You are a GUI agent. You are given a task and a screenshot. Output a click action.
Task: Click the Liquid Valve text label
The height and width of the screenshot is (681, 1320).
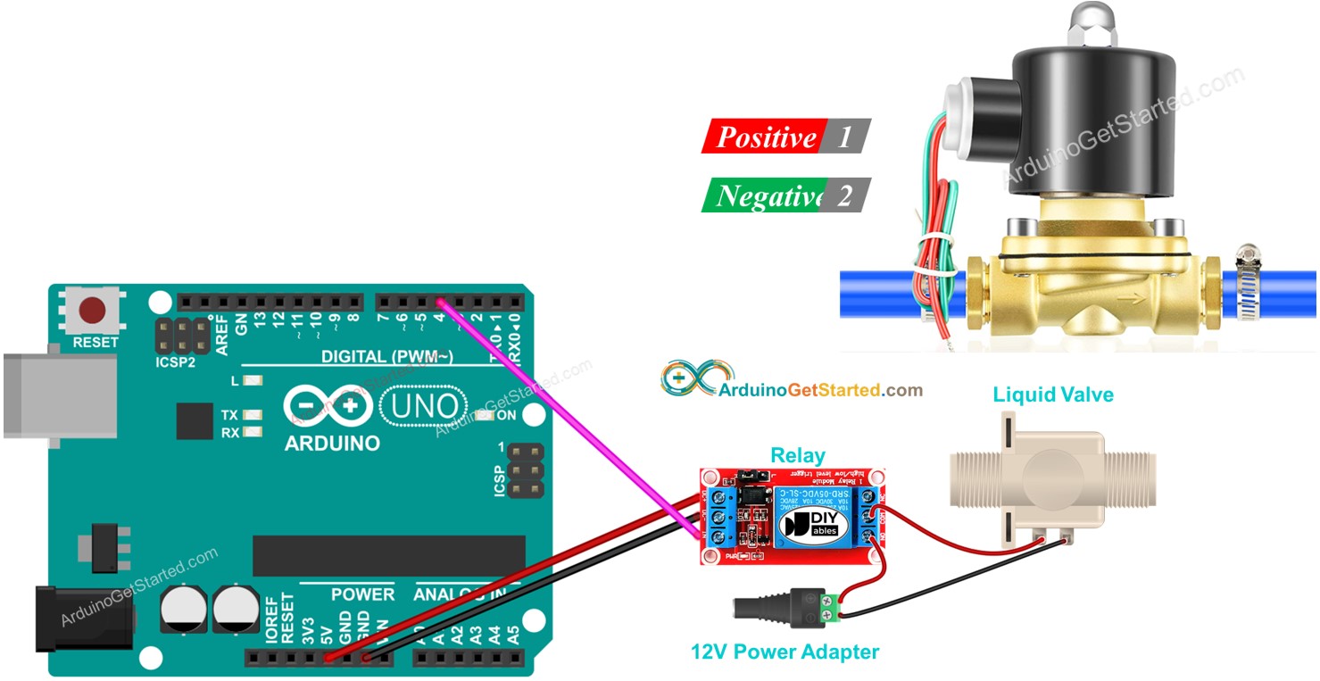click(1052, 394)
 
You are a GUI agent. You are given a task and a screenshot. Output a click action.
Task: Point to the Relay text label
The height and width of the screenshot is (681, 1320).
click(797, 455)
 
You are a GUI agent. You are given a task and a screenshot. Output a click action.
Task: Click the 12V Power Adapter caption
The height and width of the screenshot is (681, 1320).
click(785, 652)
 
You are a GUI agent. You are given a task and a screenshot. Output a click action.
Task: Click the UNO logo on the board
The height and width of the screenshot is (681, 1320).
click(425, 407)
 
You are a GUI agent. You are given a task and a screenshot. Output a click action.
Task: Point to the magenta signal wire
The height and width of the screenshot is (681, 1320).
click(571, 419)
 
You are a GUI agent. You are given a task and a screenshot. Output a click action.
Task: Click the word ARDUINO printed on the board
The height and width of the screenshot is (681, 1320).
click(332, 444)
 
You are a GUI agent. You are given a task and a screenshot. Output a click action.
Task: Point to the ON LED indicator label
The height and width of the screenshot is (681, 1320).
click(506, 415)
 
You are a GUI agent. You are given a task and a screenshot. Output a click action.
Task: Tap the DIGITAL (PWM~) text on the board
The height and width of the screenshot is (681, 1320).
click(387, 357)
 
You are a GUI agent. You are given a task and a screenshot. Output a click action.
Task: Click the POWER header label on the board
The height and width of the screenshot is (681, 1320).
click(361, 594)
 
